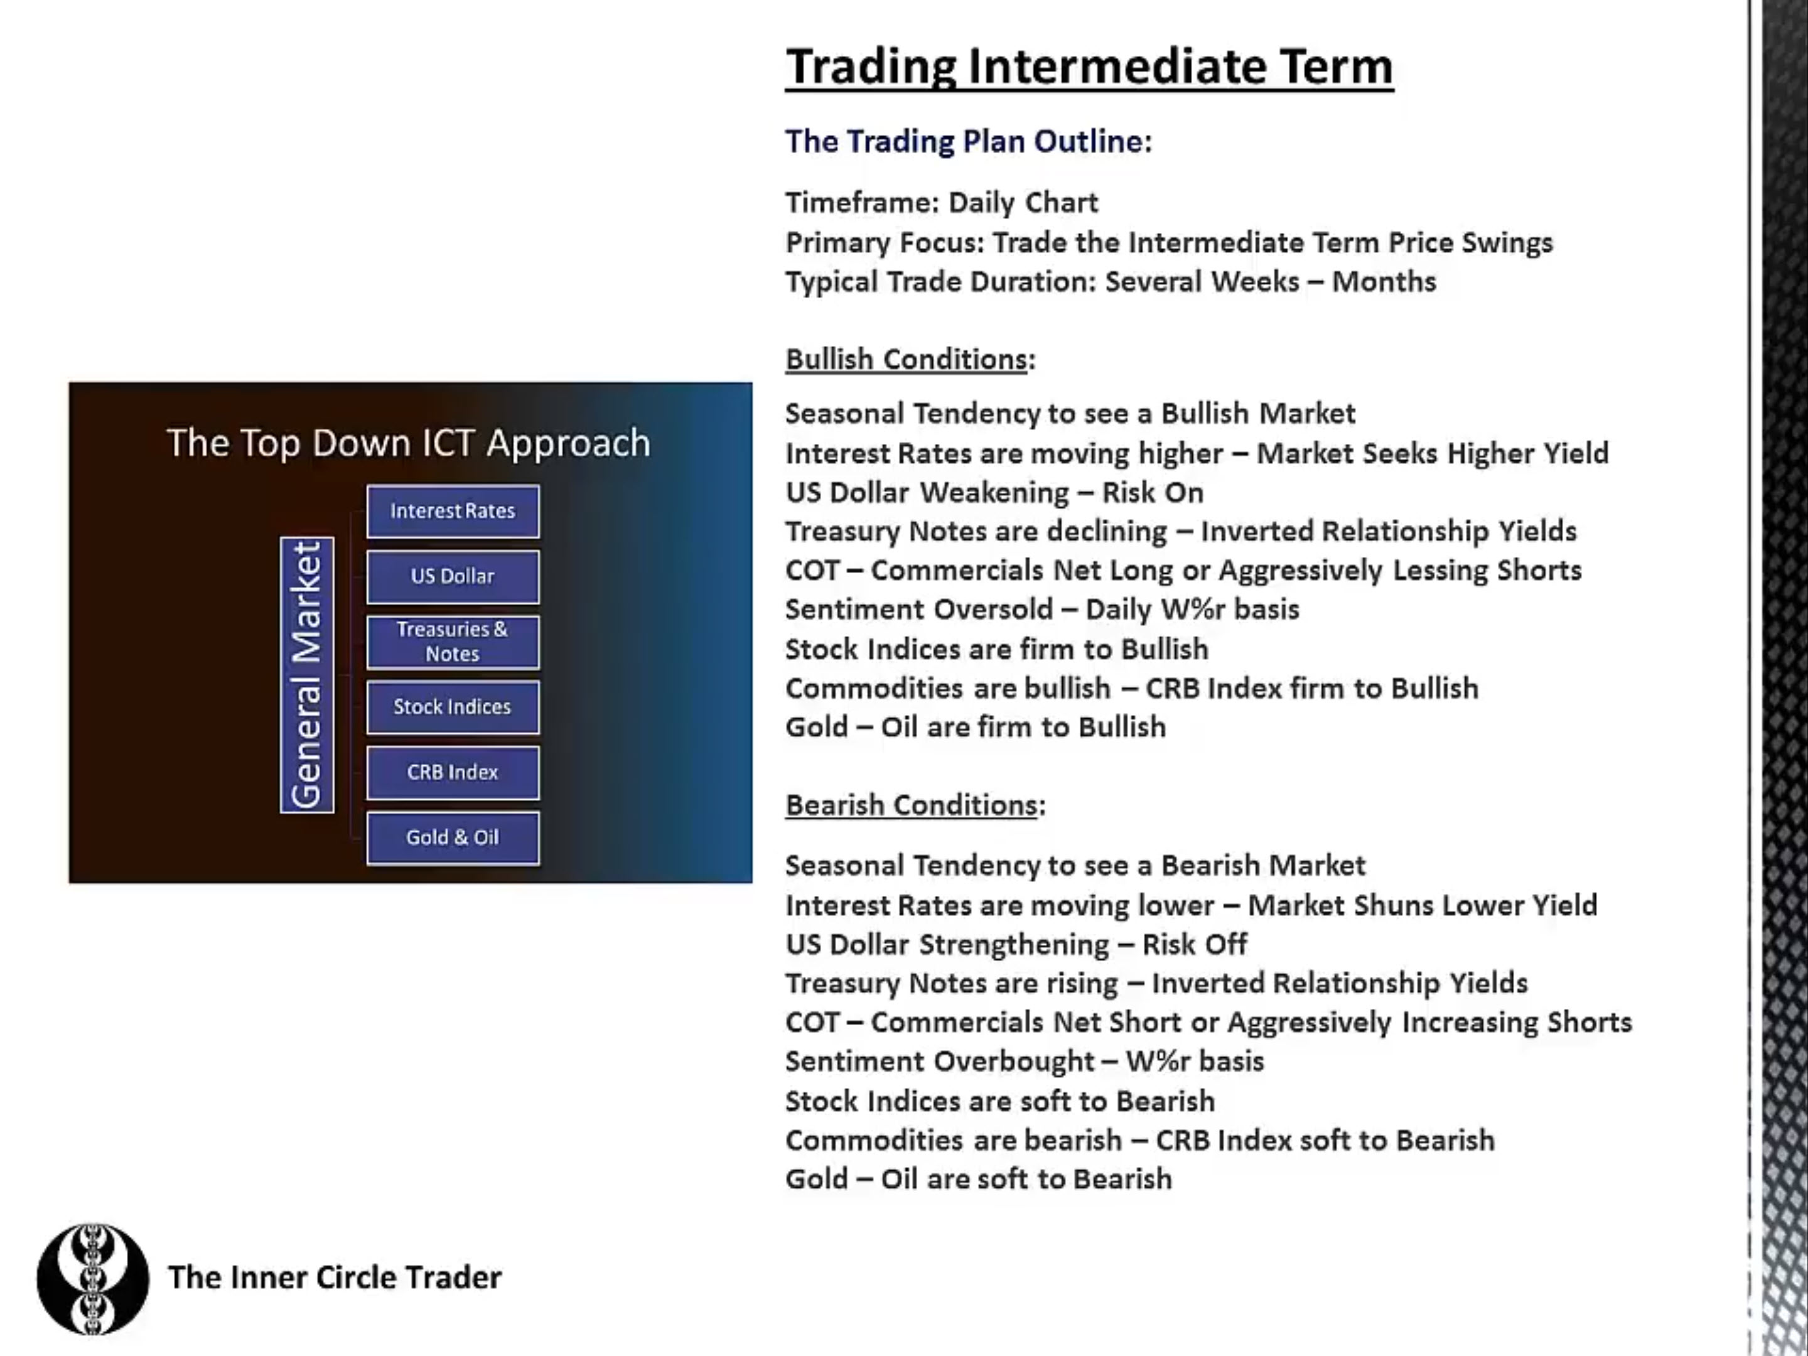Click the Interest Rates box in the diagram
pos(453,512)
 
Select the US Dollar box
pos(453,577)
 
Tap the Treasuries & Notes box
pos(453,642)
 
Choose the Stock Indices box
pos(453,707)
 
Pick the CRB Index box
pos(453,772)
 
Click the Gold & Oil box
pos(453,838)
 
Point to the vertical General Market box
pos(308,675)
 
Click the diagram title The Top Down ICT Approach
pos(409,443)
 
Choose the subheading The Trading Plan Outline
pos(969,141)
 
